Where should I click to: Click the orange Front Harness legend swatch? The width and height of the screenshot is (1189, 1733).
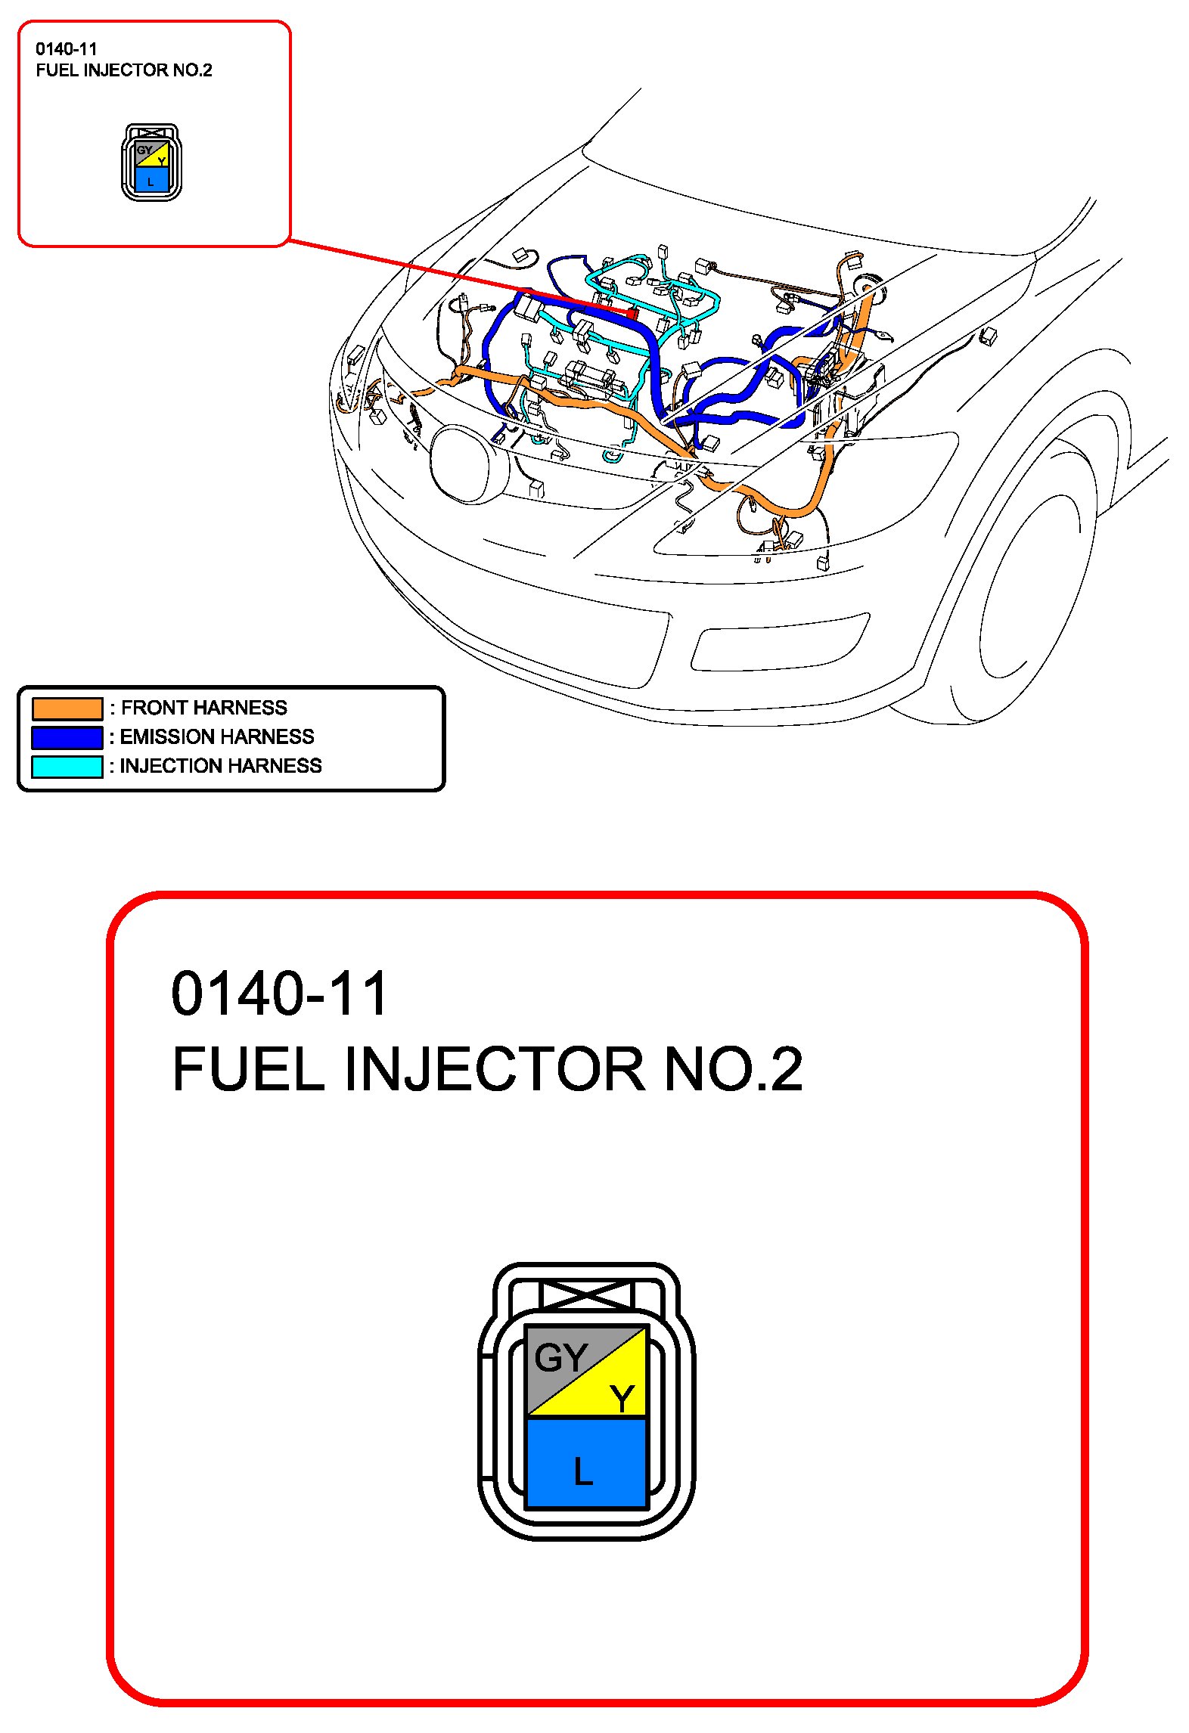click(x=67, y=708)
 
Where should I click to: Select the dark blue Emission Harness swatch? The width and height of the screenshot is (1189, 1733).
click(x=67, y=737)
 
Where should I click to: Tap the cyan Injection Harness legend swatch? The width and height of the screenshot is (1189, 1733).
click(x=67, y=766)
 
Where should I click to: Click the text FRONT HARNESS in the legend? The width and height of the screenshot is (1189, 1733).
click(x=204, y=708)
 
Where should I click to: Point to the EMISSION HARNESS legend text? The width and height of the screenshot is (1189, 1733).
click(x=217, y=736)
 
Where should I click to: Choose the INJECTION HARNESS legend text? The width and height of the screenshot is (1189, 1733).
click(x=221, y=766)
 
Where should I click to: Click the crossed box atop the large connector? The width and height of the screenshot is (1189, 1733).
click(x=586, y=1295)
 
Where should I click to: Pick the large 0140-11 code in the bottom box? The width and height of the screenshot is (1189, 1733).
click(x=280, y=994)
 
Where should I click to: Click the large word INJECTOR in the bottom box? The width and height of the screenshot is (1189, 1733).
click(x=495, y=1069)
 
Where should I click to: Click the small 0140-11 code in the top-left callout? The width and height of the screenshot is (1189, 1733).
click(x=67, y=49)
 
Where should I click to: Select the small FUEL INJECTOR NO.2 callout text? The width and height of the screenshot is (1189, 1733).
click(x=124, y=70)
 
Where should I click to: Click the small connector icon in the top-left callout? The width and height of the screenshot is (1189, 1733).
click(x=151, y=163)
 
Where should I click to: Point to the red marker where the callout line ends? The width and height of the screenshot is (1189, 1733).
click(x=632, y=312)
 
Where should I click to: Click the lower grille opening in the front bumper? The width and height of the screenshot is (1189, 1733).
click(x=779, y=647)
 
